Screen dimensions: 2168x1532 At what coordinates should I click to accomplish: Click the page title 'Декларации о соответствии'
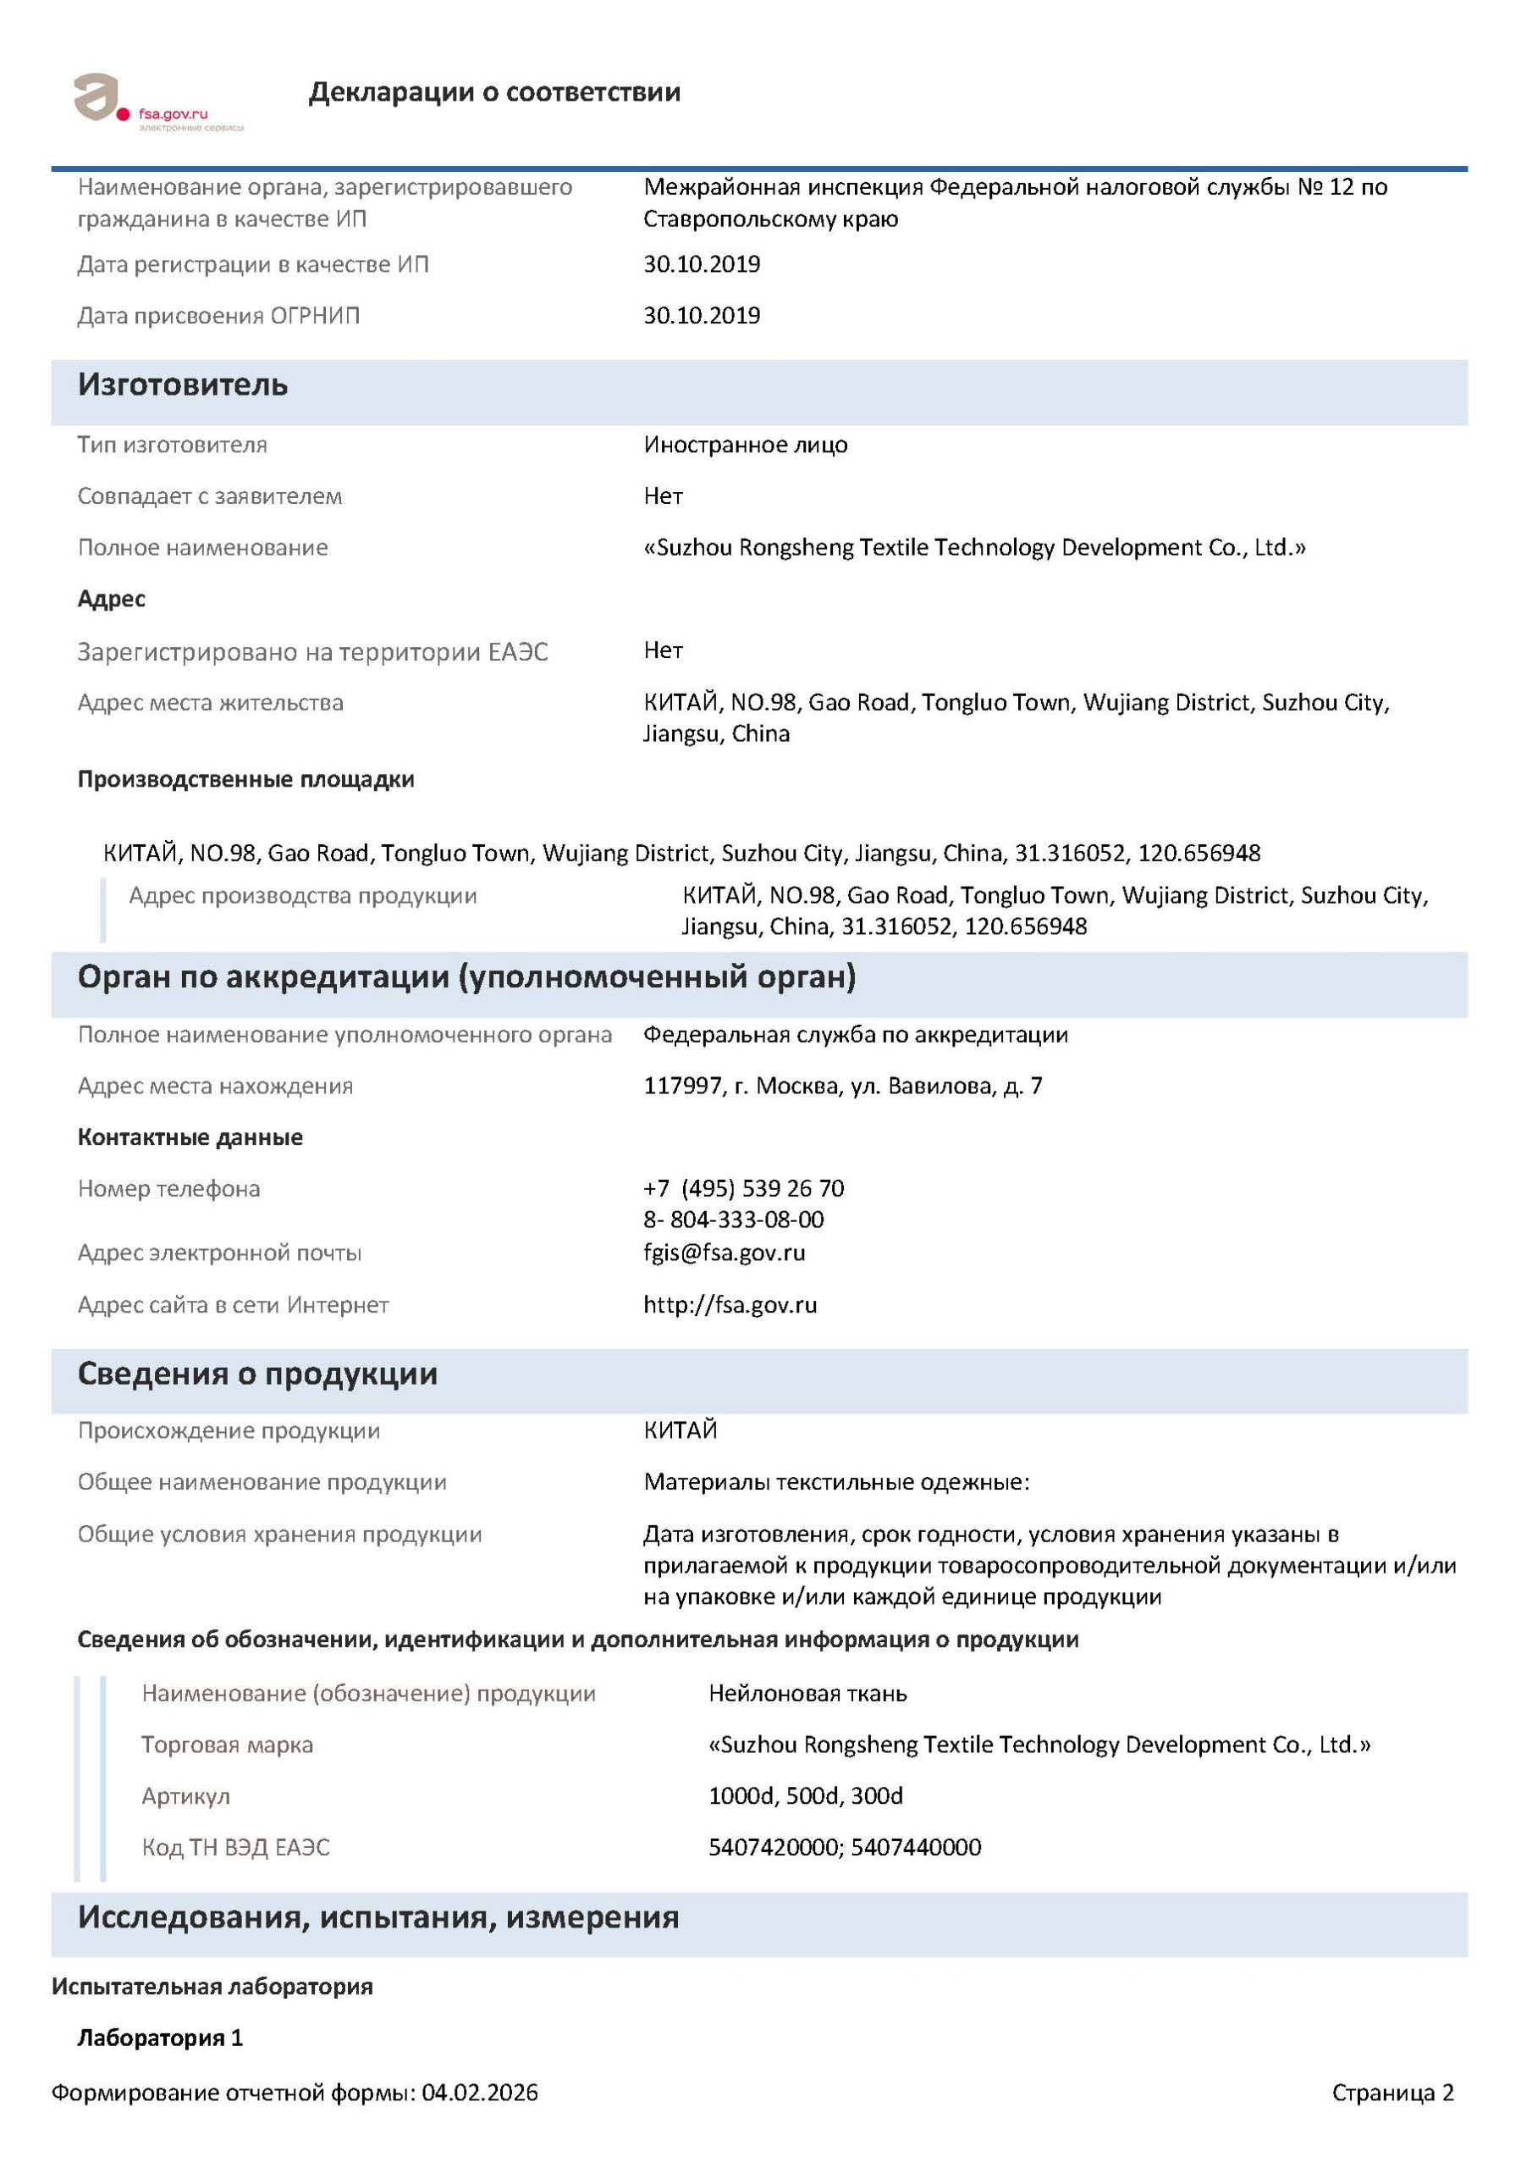pyautogui.click(x=493, y=92)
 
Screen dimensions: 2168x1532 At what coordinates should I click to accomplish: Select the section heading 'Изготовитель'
pyautogui.click(x=182, y=385)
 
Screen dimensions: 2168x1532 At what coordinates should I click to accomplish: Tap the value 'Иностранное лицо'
pyautogui.click(x=746, y=445)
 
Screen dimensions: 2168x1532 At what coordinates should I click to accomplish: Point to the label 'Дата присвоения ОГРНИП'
pyautogui.click(x=219, y=315)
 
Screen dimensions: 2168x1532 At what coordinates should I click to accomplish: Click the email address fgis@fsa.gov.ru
pyautogui.click(x=724, y=1253)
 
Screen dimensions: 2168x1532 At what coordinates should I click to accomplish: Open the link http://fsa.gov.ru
pyautogui.click(x=730, y=1305)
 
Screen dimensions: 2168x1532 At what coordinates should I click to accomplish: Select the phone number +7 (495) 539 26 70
pyautogui.click(x=744, y=1188)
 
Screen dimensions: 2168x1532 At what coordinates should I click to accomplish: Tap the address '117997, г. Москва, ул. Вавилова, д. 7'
pyautogui.click(x=843, y=1086)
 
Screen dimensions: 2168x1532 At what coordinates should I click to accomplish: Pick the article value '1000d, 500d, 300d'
pyautogui.click(x=805, y=1795)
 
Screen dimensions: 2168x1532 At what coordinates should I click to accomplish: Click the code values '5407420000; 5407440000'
pyautogui.click(x=845, y=1847)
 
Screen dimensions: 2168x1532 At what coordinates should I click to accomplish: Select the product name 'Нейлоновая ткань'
pyautogui.click(x=807, y=1693)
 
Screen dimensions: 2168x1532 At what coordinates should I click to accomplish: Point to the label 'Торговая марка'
pyautogui.click(x=228, y=1744)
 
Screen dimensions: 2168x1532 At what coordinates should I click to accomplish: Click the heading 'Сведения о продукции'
pyautogui.click(x=257, y=1374)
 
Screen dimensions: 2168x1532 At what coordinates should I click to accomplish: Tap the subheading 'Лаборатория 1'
pyautogui.click(x=161, y=2038)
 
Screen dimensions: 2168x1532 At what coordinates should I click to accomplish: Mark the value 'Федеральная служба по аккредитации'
pyautogui.click(x=855, y=1035)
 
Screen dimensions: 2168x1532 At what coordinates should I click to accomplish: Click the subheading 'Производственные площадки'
pyautogui.click(x=245, y=780)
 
